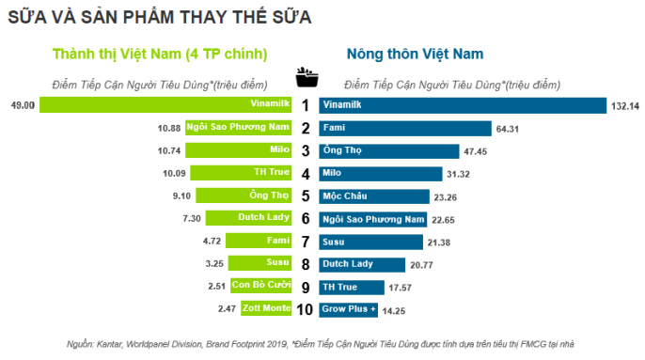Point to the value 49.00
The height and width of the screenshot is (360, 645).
[23, 105]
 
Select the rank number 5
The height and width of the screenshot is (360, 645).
[306, 196]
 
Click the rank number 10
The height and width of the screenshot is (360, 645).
[306, 308]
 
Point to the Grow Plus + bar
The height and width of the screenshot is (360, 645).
[350, 308]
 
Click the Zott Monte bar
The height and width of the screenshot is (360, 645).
[267, 308]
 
